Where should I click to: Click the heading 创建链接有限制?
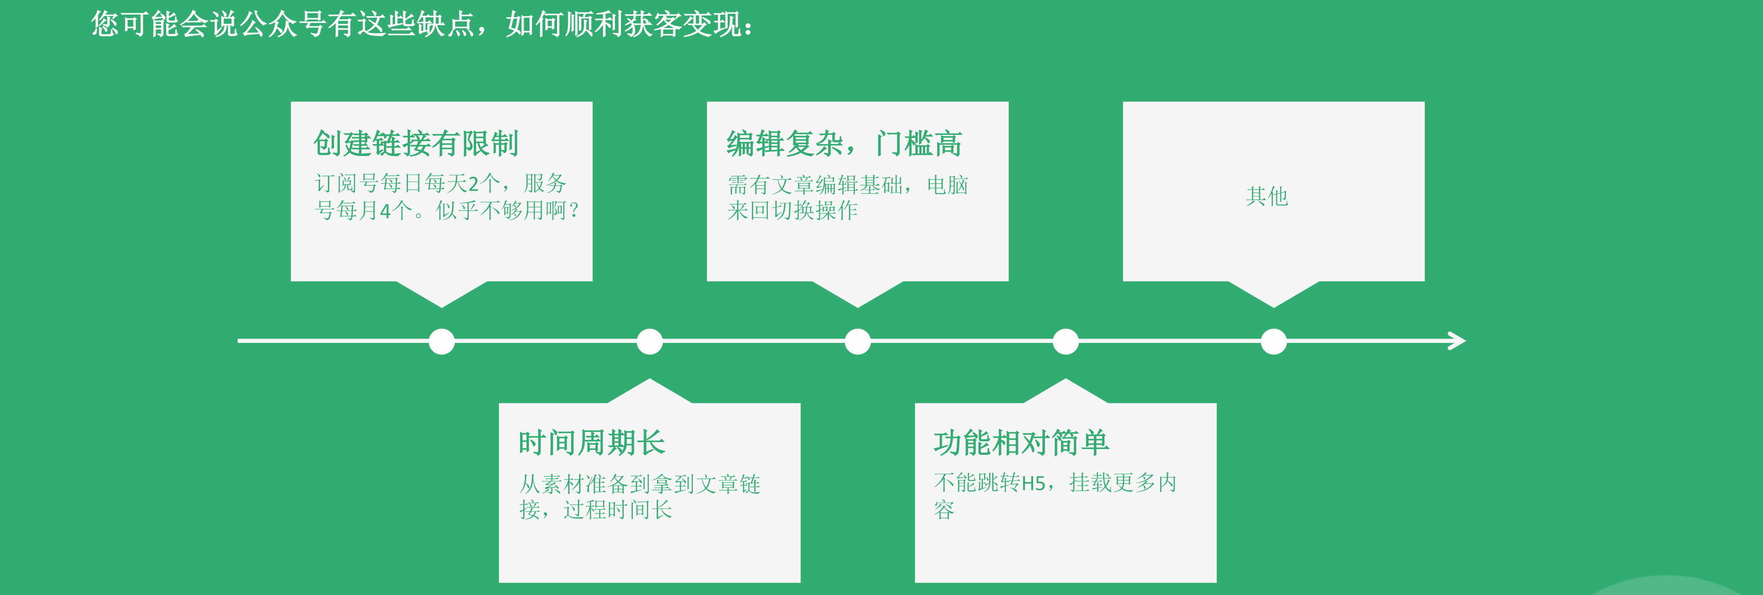tap(416, 144)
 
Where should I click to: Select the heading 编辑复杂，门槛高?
tap(844, 144)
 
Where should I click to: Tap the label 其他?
tap(1267, 197)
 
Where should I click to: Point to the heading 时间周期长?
tap(591, 443)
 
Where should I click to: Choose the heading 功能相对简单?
tap(1021, 443)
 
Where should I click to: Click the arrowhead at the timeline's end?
tap(1457, 341)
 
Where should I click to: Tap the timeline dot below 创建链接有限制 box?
tap(442, 342)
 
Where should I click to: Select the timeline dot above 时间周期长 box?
tap(650, 342)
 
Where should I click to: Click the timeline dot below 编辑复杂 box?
tap(858, 342)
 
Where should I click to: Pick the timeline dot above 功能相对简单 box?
tap(1066, 342)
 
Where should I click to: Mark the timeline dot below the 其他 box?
tap(1274, 342)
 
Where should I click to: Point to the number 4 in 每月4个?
tap(385, 211)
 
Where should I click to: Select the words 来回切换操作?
tap(792, 211)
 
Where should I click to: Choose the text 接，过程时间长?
tap(595, 510)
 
